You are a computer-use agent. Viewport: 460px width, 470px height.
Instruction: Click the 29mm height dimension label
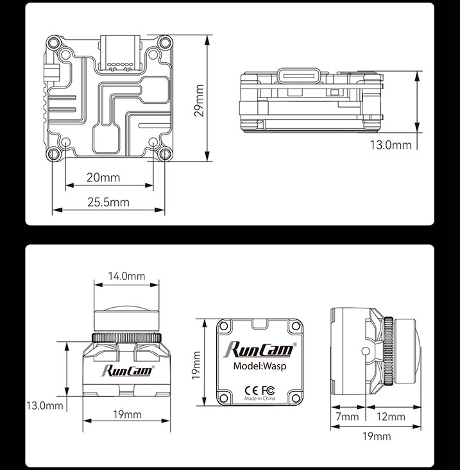coord(199,101)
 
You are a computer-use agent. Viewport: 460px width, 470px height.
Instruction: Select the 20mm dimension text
coord(103,178)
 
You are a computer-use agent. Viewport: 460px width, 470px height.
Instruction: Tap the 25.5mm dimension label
coord(108,203)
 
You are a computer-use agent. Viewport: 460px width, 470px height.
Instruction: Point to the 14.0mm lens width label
coord(126,276)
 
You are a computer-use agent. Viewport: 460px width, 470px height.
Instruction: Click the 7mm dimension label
coord(348,417)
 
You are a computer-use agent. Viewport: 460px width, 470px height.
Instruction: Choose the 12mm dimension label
coord(391,417)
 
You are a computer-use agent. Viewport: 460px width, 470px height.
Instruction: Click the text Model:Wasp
coord(260,366)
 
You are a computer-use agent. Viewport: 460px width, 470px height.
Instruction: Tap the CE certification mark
coord(251,390)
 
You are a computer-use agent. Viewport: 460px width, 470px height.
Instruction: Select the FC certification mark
coord(268,390)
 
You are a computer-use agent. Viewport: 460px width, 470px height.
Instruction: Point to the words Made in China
coord(260,398)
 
